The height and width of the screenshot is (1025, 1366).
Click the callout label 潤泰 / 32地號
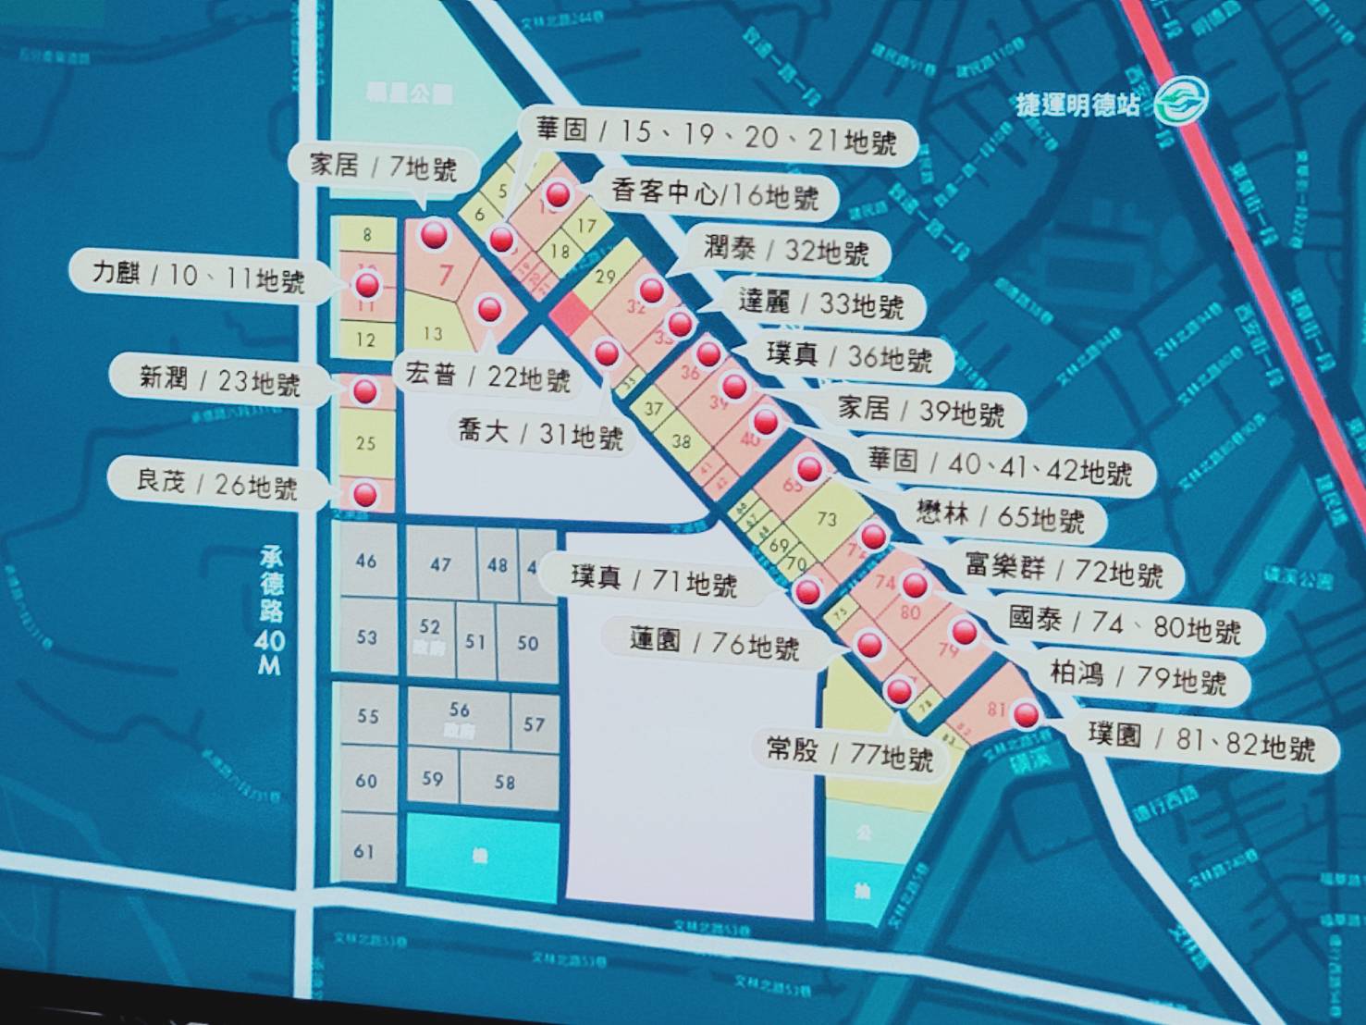coord(784,250)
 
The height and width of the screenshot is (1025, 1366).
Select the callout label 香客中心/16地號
coord(714,194)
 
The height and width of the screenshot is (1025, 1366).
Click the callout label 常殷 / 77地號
coord(849,753)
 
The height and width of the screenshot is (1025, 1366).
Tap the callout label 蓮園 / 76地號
coord(713,642)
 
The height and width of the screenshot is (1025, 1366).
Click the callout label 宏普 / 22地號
coord(486,377)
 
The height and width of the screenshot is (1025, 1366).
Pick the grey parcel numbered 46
coord(366,561)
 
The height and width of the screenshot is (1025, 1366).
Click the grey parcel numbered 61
coord(364,849)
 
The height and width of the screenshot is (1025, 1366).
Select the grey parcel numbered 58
coord(504,783)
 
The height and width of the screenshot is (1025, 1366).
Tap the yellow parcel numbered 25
coord(365,443)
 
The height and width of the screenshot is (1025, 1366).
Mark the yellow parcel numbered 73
coord(826,519)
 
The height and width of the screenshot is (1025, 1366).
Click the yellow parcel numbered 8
coord(366,234)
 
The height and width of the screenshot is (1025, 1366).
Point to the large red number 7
coord(447,275)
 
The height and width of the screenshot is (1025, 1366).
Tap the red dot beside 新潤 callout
coord(365,391)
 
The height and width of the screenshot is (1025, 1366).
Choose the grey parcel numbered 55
coord(367,716)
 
